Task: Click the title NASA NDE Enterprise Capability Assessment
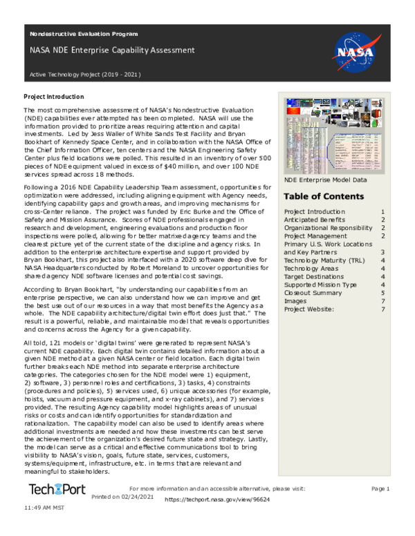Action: pos(112,50)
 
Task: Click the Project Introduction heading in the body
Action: pos(54,97)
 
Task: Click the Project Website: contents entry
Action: pos(309,309)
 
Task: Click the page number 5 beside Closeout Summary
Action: pos(383,292)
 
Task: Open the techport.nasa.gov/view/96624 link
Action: pos(219,499)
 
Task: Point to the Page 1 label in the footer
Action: pos(380,489)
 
